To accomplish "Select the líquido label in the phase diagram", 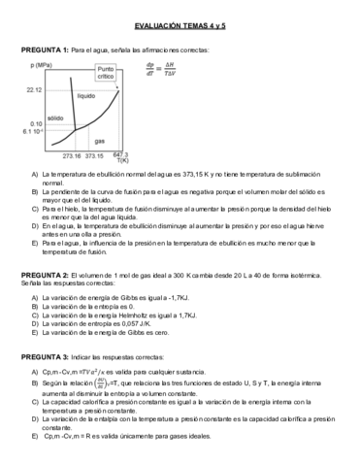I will (86, 97).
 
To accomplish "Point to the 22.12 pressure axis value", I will (34, 89).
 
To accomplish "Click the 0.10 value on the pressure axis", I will (37, 124).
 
